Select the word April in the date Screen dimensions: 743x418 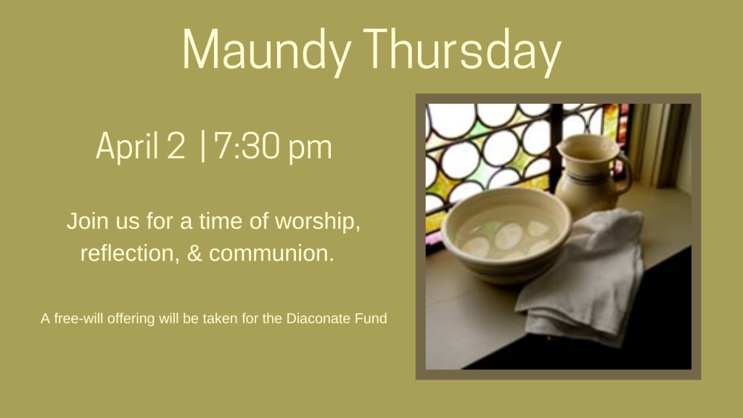127,147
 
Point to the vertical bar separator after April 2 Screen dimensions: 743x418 203,146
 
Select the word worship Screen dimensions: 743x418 318,221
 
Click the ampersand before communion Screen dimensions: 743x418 194,253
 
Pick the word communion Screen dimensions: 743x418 271,253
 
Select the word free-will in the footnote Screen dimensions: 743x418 79,318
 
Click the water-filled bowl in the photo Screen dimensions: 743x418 506,234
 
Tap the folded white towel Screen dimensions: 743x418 583,275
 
